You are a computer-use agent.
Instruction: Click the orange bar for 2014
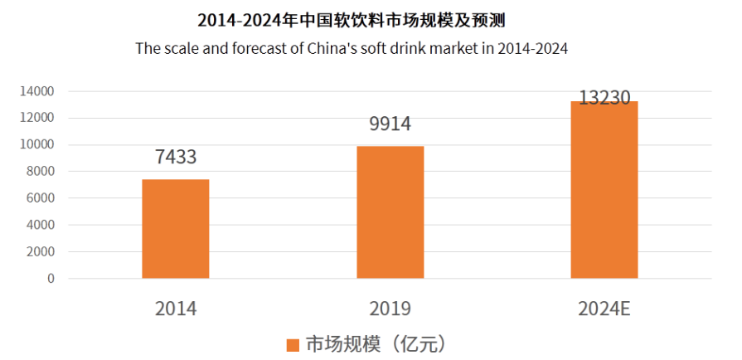[x=176, y=229]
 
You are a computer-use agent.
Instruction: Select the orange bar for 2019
[x=390, y=212]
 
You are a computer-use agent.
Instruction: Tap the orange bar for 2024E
[x=604, y=190]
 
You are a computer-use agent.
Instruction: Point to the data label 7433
[x=176, y=158]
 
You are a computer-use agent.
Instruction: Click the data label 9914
[x=390, y=124]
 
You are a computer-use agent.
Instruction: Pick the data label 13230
[x=604, y=98]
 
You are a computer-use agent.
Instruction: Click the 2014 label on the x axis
[x=176, y=309]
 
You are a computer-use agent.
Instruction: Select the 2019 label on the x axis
[x=390, y=309]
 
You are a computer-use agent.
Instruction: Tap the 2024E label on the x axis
[x=604, y=309]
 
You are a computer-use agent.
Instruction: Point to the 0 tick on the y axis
[x=51, y=279]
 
